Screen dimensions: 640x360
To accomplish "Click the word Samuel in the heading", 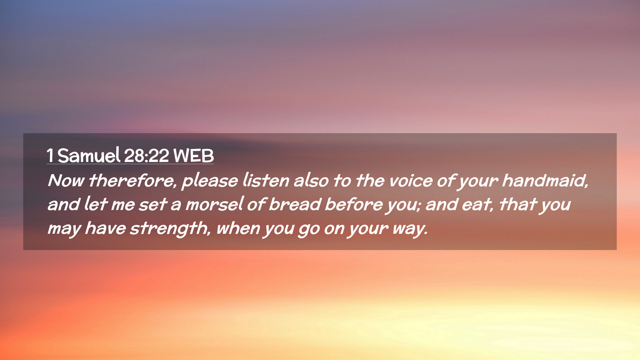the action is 89,155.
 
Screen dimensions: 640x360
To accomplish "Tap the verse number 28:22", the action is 146,156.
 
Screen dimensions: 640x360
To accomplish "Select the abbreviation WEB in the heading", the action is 193,156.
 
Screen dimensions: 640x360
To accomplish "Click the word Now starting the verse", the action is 66,180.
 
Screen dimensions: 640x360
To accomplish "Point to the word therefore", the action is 132,180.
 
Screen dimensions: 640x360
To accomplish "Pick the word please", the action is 210,181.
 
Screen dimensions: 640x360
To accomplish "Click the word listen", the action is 266,180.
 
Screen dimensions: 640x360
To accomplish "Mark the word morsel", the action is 214,204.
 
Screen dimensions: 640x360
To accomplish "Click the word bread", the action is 295,204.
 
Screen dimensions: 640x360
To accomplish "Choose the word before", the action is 354,204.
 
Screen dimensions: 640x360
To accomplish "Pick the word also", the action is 311,180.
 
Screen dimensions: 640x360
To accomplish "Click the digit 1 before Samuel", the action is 50,156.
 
